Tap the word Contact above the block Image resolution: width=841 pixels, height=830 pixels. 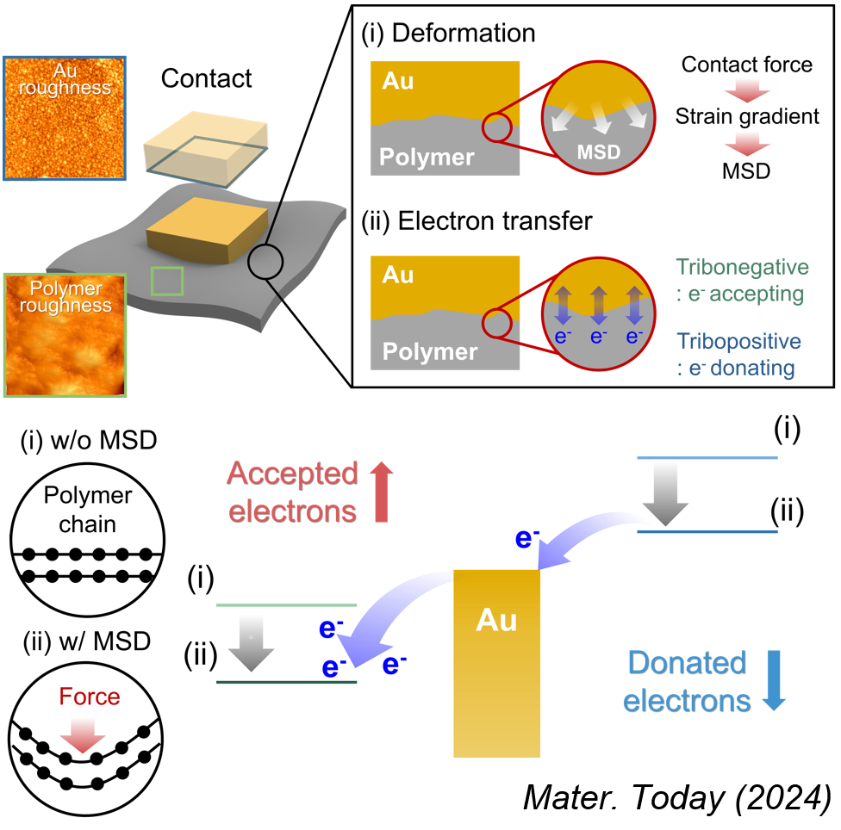point(207,79)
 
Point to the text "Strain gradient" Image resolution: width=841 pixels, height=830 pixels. point(747,116)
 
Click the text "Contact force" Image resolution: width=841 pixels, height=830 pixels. point(747,64)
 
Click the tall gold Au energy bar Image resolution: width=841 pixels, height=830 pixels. point(497,663)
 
